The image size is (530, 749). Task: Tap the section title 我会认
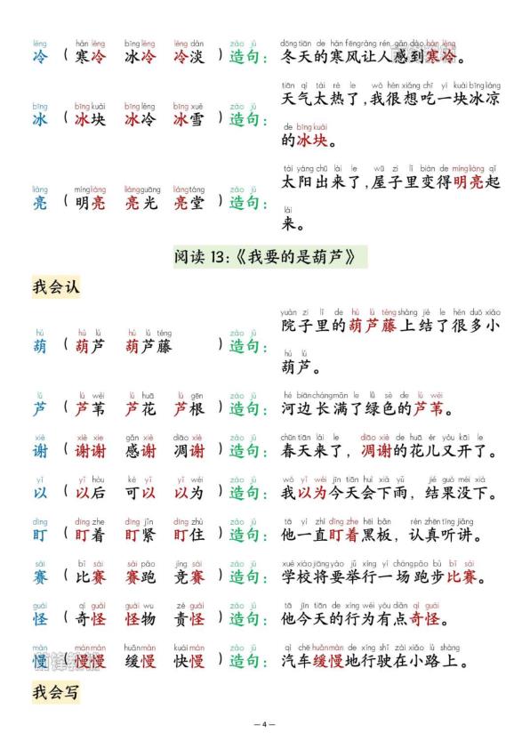(x=56, y=288)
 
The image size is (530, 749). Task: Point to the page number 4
(x=264, y=724)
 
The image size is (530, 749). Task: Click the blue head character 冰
(x=40, y=119)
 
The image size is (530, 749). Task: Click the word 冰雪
(x=189, y=119)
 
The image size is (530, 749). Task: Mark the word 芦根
(x=189, y=409)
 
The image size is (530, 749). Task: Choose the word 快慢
(x=189, y=662)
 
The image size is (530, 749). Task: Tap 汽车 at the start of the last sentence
(x=294, y=662)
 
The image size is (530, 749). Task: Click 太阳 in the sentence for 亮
(x=294, y=182)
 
